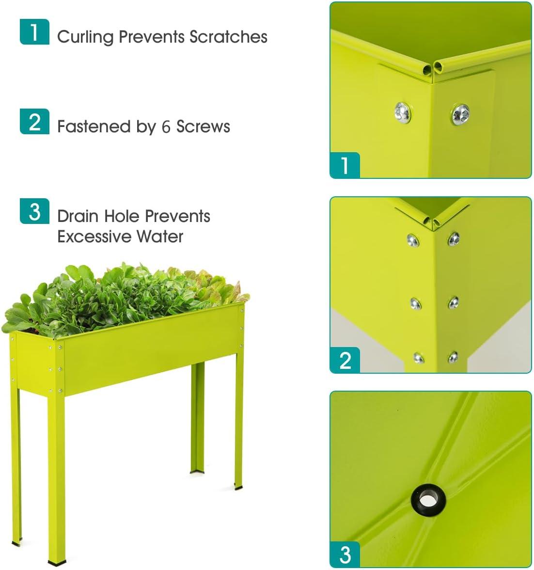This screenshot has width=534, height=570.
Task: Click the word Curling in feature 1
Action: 85,37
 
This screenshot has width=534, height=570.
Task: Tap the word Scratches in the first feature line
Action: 228,37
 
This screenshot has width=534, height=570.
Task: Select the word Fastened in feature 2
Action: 94,127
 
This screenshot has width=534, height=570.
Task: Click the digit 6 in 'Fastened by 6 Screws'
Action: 166,127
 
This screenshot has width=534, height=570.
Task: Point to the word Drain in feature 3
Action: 78,216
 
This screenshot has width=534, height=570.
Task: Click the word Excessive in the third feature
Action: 94,237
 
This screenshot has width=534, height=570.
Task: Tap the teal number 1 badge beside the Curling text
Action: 34,32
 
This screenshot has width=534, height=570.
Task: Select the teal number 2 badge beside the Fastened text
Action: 34,121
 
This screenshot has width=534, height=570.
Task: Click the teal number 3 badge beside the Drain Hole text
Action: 34,211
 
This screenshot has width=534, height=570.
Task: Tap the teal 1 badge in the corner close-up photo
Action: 345,165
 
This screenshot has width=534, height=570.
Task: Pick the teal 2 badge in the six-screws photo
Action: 345,360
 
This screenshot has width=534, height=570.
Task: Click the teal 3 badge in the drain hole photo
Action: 345,554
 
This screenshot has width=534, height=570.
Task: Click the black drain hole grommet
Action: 428,499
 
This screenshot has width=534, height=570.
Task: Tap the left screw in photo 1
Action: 403,112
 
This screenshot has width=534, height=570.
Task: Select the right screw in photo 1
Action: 460,114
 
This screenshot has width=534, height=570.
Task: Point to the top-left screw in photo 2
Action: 412,239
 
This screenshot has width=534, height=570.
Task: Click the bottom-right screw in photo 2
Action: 453,357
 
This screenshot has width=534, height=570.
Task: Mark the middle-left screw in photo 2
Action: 415,303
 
